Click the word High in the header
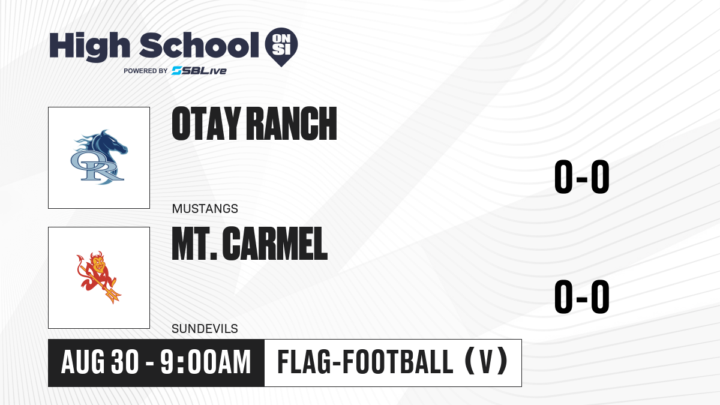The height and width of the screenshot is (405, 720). point(89,47)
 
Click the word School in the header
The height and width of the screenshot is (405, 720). point(199,45)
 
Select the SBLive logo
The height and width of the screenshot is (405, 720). point(199,71)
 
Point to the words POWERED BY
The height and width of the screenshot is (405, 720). point(145,71)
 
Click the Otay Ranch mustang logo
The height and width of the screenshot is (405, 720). point(99,157)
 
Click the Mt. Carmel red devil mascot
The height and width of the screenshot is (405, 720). point(98,277)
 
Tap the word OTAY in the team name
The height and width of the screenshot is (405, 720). point(206,124)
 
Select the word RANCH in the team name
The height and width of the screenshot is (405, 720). point(292,124)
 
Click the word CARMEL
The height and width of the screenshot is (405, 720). point(275,244)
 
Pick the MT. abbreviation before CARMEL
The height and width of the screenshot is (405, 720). point(194,244)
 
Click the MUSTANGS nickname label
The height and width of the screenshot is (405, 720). point(205,209)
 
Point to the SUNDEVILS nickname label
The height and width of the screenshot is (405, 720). point(205,329)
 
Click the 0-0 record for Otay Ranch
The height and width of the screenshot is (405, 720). point(582,176)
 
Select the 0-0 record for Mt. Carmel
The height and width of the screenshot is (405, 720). point(582,296)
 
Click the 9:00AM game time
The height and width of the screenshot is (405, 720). point(206,362)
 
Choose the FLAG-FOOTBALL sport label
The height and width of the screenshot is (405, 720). point(365,362)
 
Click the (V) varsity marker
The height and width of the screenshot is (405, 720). point(487,362)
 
